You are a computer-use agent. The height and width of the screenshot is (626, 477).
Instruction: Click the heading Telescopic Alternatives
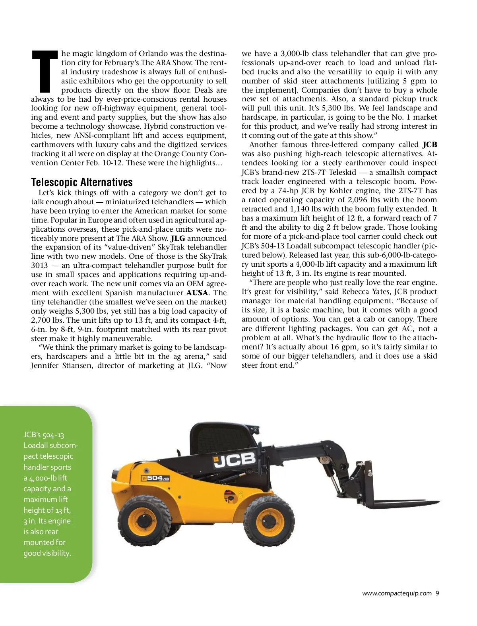point(82,182)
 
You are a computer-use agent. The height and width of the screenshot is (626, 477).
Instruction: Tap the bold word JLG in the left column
point(178,238)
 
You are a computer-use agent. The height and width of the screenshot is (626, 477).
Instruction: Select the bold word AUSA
point(197,293)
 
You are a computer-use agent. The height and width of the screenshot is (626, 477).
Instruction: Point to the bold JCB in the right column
point(430,145)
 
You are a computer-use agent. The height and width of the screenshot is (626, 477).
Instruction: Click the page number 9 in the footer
point(437,593)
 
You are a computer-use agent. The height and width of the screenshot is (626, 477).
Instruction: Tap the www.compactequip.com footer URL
point(397,593)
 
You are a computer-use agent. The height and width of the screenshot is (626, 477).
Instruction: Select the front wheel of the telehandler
point(270,518)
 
